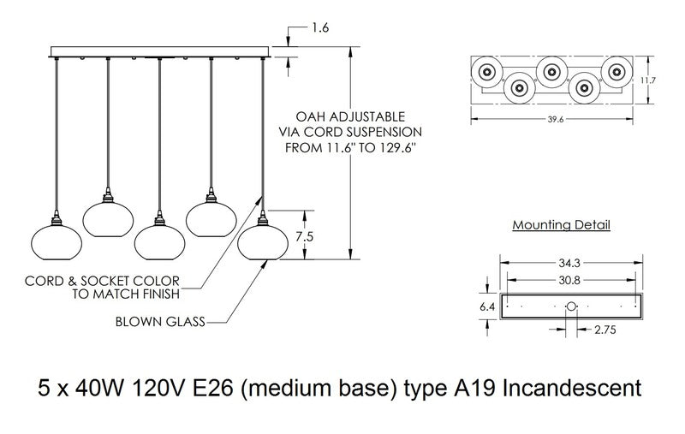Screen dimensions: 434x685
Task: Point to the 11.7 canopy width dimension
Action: (x=648, y=80)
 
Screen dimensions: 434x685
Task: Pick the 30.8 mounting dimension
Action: (x=573, y=279)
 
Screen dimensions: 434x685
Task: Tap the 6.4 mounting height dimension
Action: (x=485, y=305)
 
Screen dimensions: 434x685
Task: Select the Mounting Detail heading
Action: (x=561, y=225)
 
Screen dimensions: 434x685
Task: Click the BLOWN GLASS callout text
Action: (x=158, y=323)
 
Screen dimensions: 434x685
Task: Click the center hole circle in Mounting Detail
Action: (x=573, y=306)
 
